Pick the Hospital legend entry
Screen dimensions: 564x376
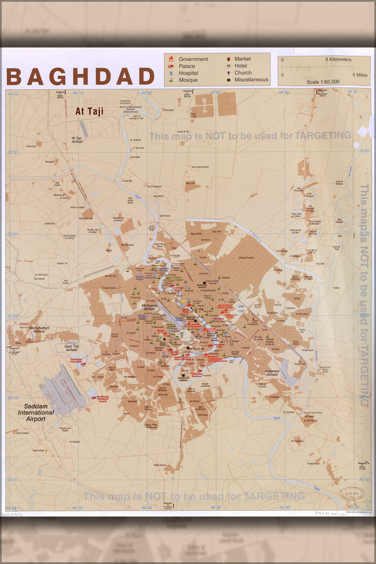188,73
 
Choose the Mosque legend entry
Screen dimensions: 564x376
188,80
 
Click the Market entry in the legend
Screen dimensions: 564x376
242,59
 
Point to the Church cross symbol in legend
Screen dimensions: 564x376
228,73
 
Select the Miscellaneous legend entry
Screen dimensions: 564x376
251,80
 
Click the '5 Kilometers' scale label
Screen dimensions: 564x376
338,59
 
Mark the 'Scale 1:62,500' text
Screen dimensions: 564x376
323,82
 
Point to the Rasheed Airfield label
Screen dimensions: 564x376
272,373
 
